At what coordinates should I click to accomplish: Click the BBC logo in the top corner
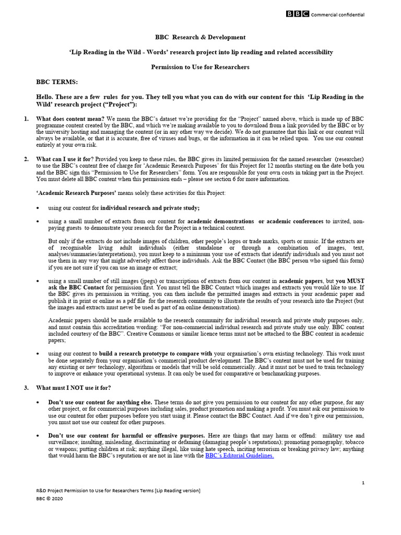(297, 14)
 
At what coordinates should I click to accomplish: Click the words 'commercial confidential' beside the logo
(338, 15)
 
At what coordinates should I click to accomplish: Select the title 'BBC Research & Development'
(200, 38)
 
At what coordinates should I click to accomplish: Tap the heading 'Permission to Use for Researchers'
(200, 67)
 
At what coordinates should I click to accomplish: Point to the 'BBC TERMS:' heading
(56, 83)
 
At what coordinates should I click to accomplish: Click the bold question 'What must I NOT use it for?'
(74, 388)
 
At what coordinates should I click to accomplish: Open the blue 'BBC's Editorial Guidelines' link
(239, 456)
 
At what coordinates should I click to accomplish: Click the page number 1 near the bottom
(363, 483)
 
